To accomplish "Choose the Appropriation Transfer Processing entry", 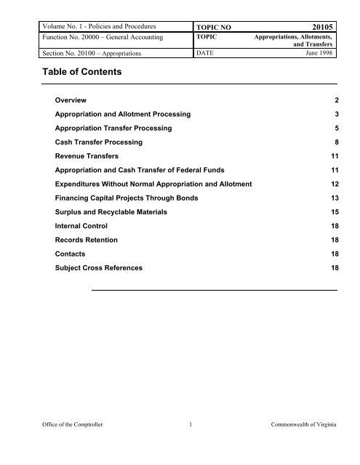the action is (114, 128).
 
